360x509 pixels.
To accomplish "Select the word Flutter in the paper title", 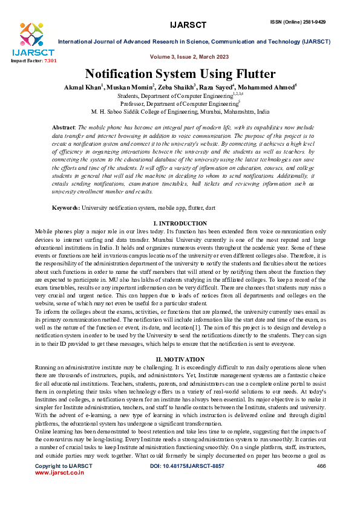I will [x=249, y=74].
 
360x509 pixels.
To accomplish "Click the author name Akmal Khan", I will [x=83, y=88].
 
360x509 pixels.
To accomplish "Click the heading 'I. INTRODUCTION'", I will [x=180, y=223].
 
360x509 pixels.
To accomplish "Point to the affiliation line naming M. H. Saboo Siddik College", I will [x=180, y=112].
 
